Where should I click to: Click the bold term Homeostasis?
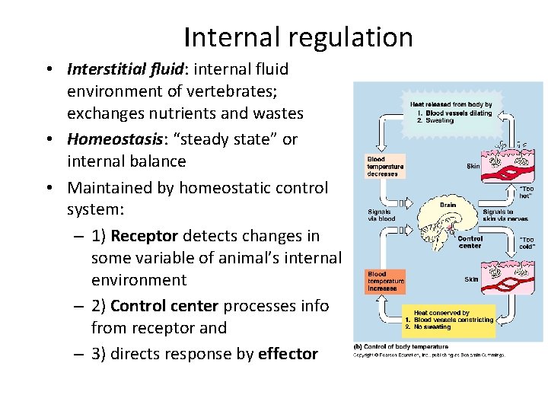106,139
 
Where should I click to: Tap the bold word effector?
288,354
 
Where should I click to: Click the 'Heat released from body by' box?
450,112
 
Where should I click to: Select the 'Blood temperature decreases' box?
385,166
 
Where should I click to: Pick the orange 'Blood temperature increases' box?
385,282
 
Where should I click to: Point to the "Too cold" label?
526,243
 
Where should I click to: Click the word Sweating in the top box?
441,120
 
